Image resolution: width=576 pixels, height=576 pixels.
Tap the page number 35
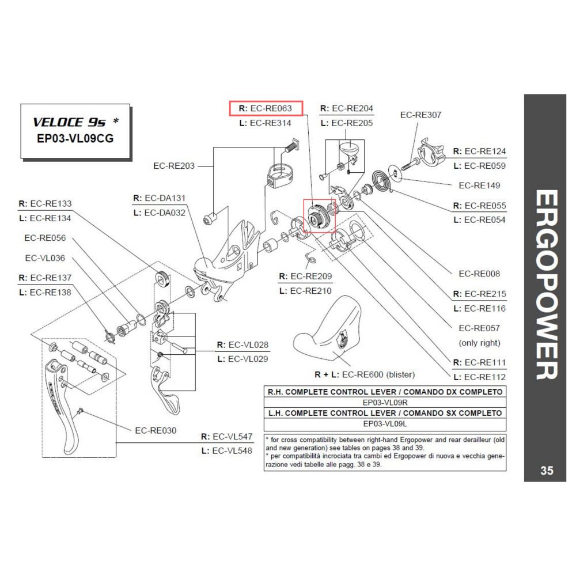547,471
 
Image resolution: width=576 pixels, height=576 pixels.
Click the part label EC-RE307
420,115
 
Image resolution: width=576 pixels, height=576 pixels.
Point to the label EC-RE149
479,185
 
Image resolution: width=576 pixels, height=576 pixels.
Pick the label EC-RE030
156,430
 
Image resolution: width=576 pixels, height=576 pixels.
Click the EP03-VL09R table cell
384,402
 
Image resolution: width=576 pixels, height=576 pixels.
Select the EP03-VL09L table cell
384,423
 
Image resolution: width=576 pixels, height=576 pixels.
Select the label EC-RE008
479,274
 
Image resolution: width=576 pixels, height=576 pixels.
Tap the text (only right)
479,343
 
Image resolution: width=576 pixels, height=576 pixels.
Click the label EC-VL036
44,258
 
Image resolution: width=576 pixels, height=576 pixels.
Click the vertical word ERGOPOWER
545,285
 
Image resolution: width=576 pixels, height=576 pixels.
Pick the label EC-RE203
173,166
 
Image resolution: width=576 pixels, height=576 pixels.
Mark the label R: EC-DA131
160,198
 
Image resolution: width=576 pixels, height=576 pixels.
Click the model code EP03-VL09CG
75,138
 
